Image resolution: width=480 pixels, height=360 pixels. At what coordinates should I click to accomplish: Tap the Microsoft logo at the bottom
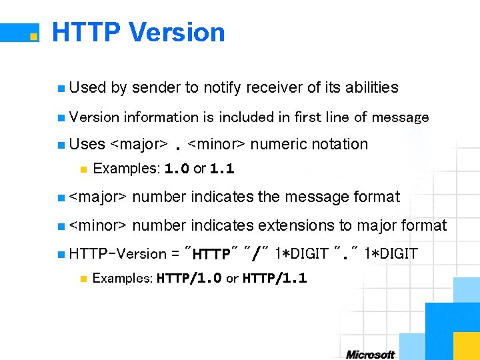[x=371, y=354]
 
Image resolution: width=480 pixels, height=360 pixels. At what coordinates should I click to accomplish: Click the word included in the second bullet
[x=246, y=117]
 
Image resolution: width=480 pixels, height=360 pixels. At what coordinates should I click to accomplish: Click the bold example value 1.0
[x=176, y=169]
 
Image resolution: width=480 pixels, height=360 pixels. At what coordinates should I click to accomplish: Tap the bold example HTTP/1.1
[x=275, y=278]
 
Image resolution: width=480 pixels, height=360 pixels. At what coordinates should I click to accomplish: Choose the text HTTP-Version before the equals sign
[x=117, y=254]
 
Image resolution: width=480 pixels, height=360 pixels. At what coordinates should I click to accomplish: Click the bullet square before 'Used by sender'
[x=61, y=88]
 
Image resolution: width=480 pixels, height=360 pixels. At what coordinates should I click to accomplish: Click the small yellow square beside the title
[x=32, y=36]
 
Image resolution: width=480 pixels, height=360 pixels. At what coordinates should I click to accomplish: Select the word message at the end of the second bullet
[x=401, y=117]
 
